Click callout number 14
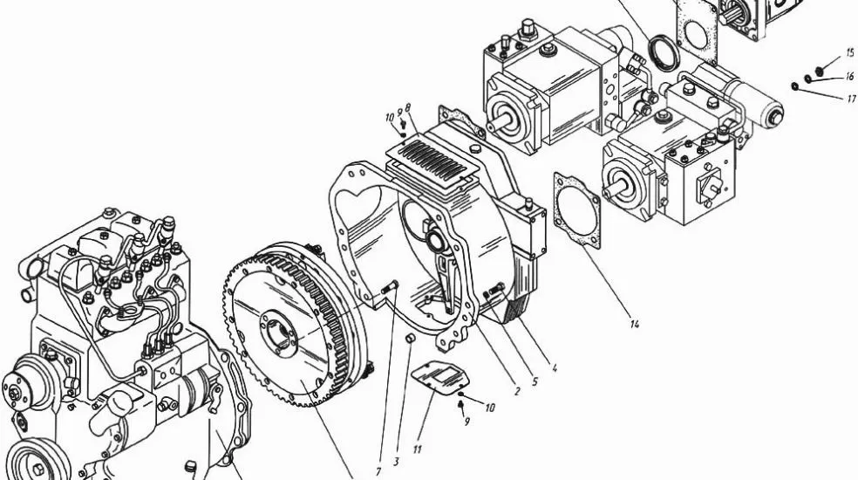coord(634,325)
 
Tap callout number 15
coord(850,53)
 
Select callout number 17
coord(851,99)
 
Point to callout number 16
coord(849,77)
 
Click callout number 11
coord(417,449)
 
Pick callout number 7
coord(378,471)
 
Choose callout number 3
coord(396,462)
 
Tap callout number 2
coord(517,393)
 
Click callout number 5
coord(535,382)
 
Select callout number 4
coord(555,369)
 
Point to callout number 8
coord(408,108)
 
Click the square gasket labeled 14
coord(576,210)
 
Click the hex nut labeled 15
coord(819,71)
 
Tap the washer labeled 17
coord(794,86)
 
